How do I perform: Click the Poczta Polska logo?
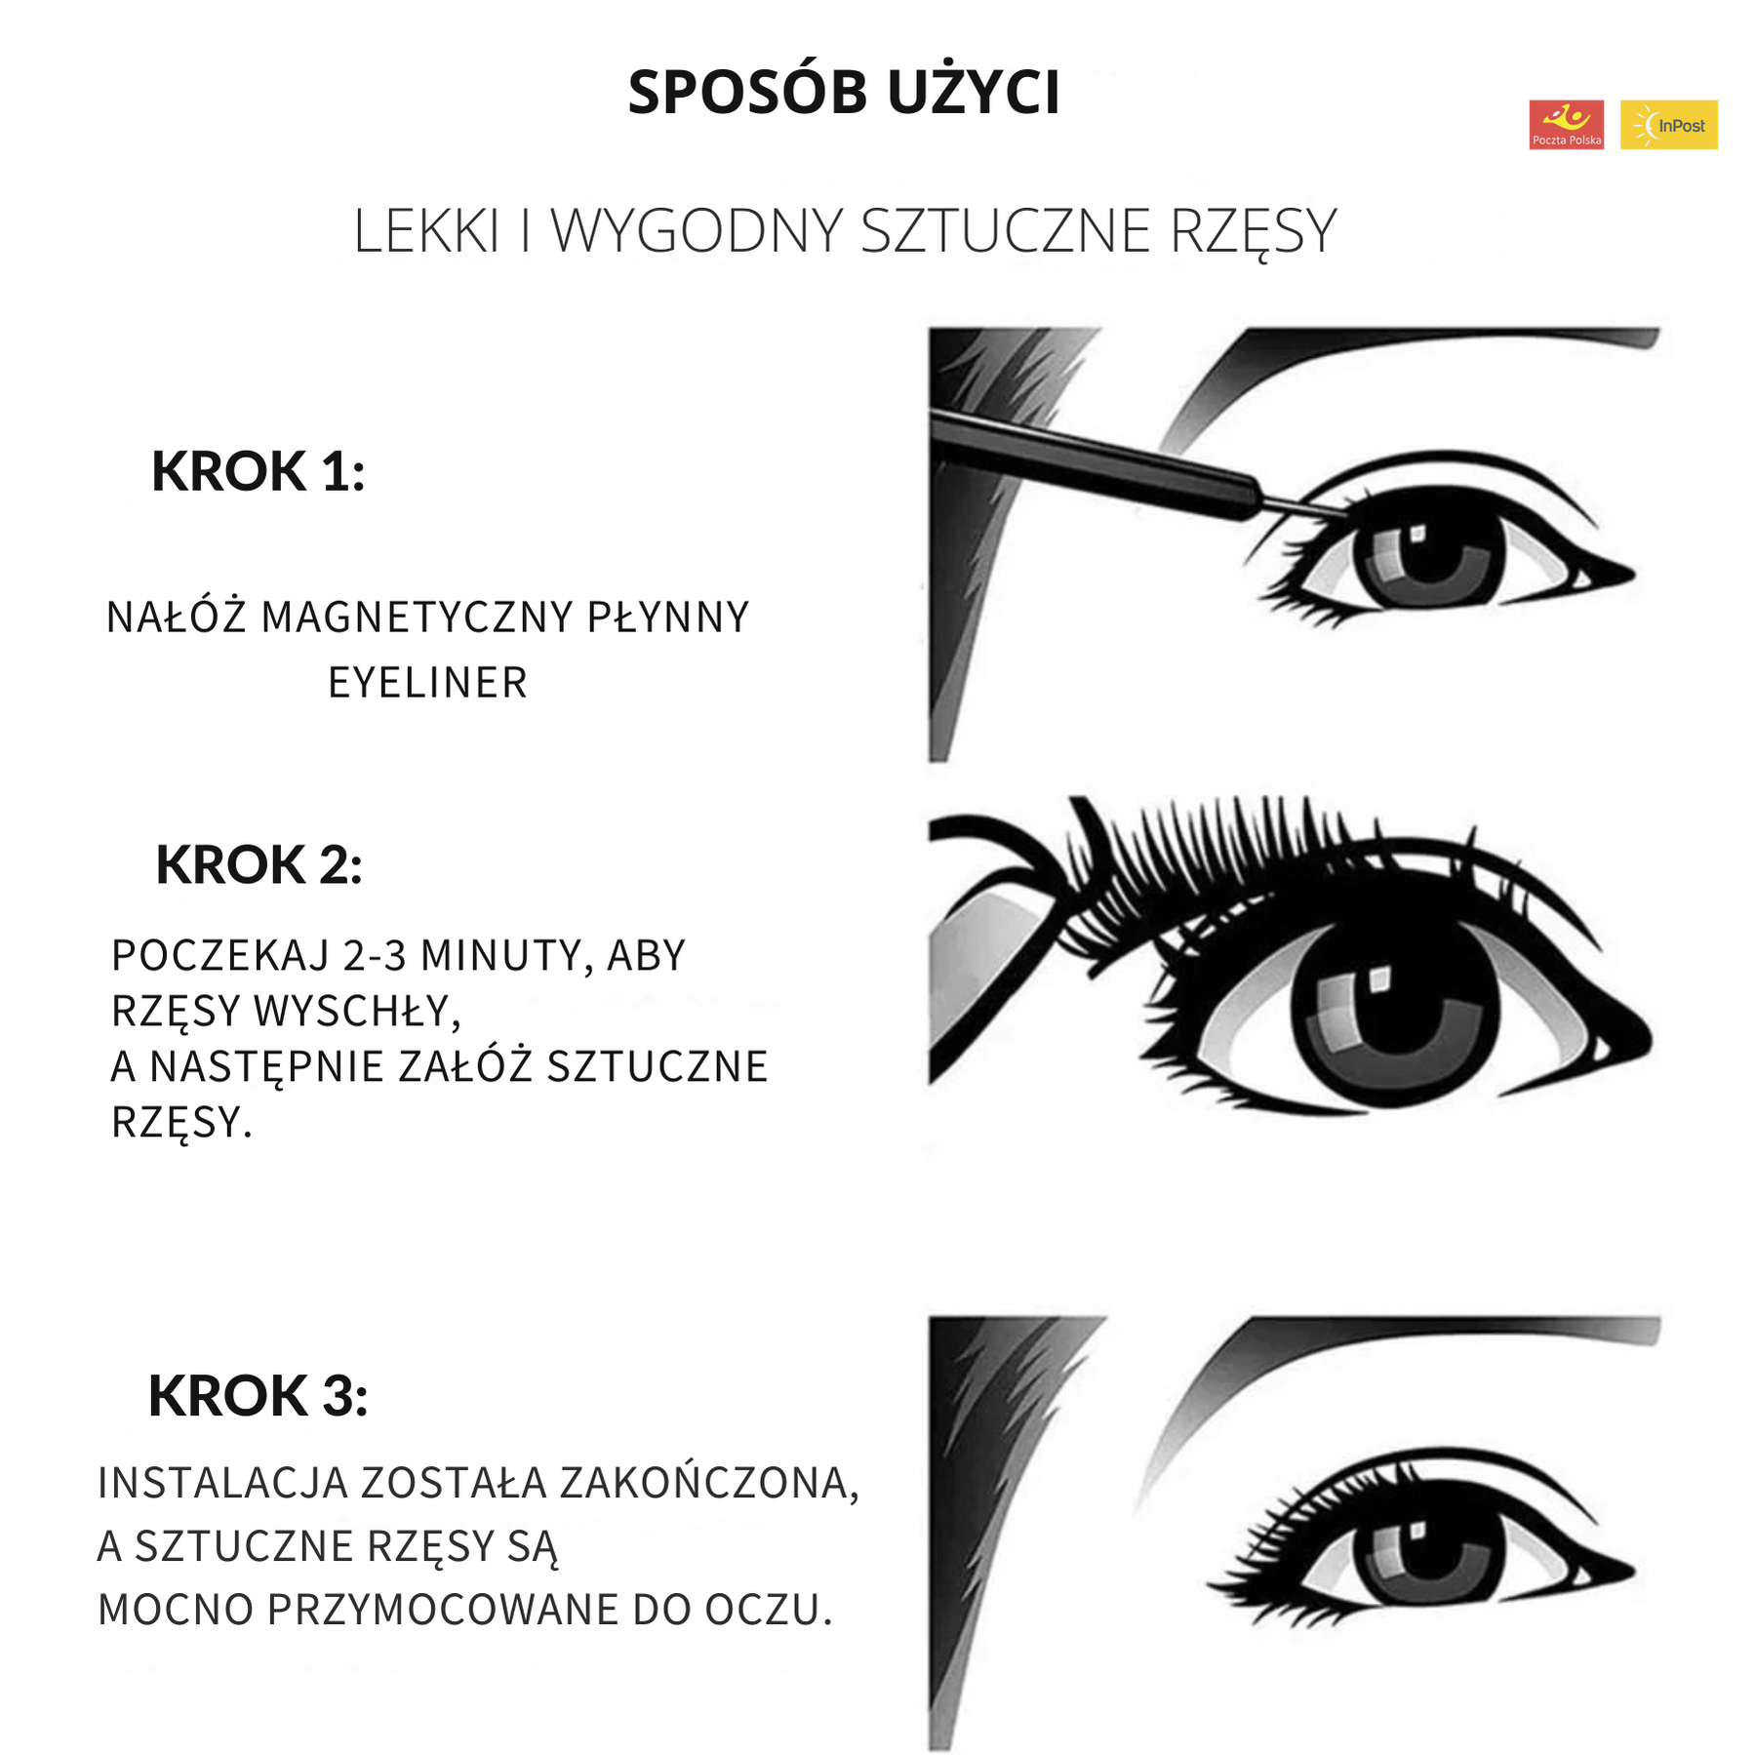(1566, 124)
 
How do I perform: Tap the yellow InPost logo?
(1668, 124)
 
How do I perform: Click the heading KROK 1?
(258, 471)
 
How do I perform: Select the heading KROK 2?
(259, 864)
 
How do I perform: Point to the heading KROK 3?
(258, 1395)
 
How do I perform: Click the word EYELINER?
(427, 682)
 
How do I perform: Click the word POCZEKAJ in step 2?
(220, 955)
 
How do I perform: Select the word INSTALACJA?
(222, 1483)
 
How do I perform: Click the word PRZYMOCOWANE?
(443, 1610)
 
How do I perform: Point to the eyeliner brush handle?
(1093, 461)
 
